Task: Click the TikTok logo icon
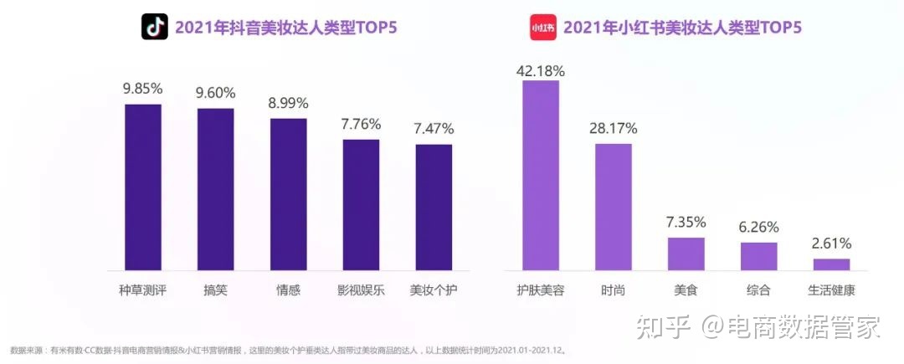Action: [x=154, y=28]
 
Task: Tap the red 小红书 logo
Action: [x=542, y=28]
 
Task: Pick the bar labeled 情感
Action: [x=288, y=194]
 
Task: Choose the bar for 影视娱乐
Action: [x=361, y=204]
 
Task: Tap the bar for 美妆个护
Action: [x=434, y=207]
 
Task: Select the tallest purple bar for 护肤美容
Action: [x=541, y=175]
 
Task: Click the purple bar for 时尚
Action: [x=614, y=207]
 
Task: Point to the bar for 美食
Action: [x=686, y=254]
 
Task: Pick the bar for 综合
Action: [x=759, y=256]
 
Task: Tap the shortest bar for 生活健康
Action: [x=832, y=264]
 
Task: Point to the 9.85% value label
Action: [x=142, y=89]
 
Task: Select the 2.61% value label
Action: [x=832, y=244]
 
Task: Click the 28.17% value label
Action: [x=614, y=129]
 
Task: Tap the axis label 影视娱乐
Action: [x=361, y=290]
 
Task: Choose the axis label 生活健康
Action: [x=832, y=290]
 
